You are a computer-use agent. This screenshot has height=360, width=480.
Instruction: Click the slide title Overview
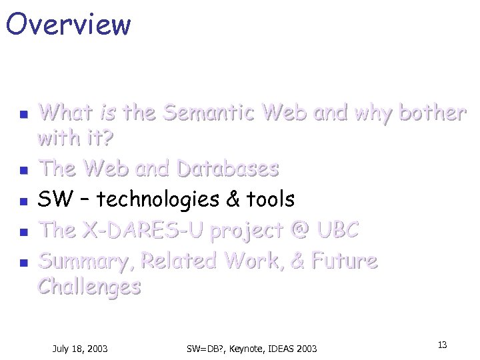[68, 24]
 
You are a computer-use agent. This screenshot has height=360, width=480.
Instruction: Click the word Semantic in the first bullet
[209, 113]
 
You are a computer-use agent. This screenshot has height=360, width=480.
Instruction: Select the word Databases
[227, 169]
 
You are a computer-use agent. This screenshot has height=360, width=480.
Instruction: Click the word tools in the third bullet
[270, 199]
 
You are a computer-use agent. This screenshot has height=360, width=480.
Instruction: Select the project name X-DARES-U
[142, 230]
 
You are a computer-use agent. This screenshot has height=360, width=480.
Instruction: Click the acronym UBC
[337, 230]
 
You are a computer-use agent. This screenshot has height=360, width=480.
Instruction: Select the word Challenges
[89, 287]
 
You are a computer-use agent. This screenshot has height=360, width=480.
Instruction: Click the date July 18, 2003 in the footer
[80, 348]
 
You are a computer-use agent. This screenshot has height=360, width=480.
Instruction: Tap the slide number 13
[441, 345]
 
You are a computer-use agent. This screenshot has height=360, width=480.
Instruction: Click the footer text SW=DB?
[207, 348]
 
